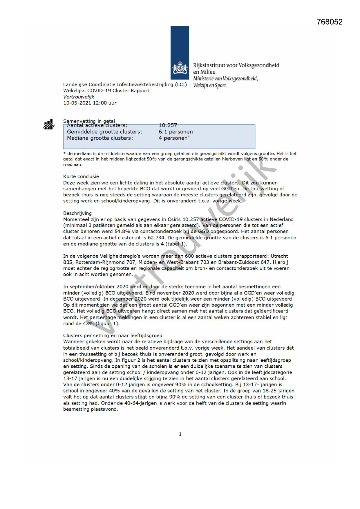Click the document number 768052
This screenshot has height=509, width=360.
coord(330,22)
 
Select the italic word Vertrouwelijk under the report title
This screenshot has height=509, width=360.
coord(79,97)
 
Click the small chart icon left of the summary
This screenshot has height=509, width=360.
coord(49,124)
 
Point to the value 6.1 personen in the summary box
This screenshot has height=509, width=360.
coord(176,132)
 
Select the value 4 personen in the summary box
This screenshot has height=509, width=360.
coord(173,138)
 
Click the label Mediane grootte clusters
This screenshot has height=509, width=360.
coord(100,138)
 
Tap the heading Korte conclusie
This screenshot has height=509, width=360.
coord(81,176)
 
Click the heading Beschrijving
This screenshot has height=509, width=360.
coord(77,213)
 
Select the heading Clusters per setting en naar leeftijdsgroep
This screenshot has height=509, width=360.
coord(113,336)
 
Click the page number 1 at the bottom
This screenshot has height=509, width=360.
coord(180,434)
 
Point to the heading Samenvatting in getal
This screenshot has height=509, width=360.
coord(89,121)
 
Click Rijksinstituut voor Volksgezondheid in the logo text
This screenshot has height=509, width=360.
coord(236,65)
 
